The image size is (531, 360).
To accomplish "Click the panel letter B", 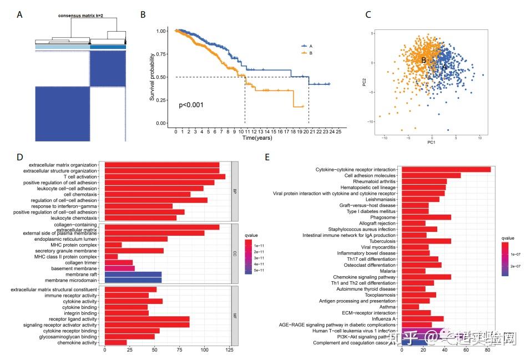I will tap(143, 15).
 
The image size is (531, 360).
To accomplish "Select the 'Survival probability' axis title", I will tap(151, 77).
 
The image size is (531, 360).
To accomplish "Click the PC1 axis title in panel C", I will tap(431, 142).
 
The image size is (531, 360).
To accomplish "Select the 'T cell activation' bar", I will tap(165, 176).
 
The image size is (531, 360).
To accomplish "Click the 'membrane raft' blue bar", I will tap(133, 274).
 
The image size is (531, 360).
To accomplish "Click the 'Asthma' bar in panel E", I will tap(410, 306).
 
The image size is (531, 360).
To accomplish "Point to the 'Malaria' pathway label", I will tap(386, 271).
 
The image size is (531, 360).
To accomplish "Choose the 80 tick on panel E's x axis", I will tap(487, 351).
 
